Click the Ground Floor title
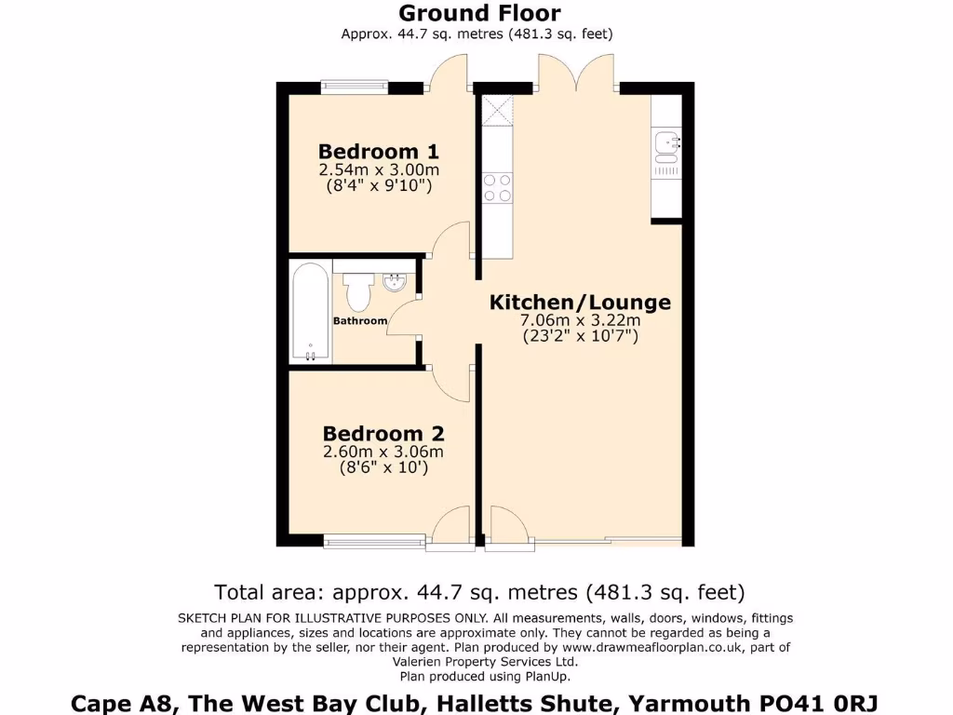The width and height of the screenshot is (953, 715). pos(479,13)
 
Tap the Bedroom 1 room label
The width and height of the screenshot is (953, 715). pos(378,151)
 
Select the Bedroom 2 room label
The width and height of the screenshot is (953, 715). pos(383,434)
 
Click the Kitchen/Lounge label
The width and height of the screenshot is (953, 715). pos(580,303)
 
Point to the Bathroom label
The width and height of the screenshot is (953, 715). pos(360,321)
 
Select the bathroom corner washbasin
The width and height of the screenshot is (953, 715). pos(396,280)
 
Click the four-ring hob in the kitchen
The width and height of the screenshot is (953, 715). pos(497,188)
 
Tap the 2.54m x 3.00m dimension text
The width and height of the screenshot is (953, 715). pos(379,169)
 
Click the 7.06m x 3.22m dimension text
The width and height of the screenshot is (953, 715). pos(580,321)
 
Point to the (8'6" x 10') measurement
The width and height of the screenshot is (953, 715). pos(383,468)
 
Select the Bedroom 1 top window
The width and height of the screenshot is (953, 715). pos(354,87)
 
